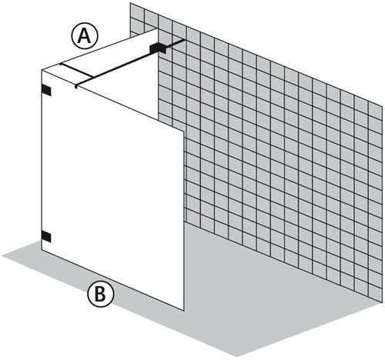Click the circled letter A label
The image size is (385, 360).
[x=85, y=36]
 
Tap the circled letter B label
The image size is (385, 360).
[x=100, y=294]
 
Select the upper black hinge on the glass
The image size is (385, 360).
[x=46, y=90]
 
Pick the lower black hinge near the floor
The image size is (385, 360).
[x=46, y=236]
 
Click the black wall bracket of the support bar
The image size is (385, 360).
[x=158, y=48]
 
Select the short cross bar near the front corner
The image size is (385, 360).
[x=76, y=70]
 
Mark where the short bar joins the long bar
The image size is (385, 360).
[x=92, y=77]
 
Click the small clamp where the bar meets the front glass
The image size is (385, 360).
[x=76, y=86]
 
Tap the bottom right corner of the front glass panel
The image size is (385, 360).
[x=184, y=311]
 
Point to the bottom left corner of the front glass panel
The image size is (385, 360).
[x=42, y=249]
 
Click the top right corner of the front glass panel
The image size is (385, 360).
[x=184, y=132]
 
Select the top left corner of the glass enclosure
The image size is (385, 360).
[x=42, y=70]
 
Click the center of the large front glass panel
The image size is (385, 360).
[x=112, y=190]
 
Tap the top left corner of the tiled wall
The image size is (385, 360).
[x=130, y=3]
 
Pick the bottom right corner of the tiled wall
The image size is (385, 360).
[x=382, y=302]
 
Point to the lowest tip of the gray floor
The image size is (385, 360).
[x=236, y=356]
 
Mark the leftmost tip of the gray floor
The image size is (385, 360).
[x=2, y=255]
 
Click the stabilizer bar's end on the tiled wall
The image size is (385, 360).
[x=184, y=39]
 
